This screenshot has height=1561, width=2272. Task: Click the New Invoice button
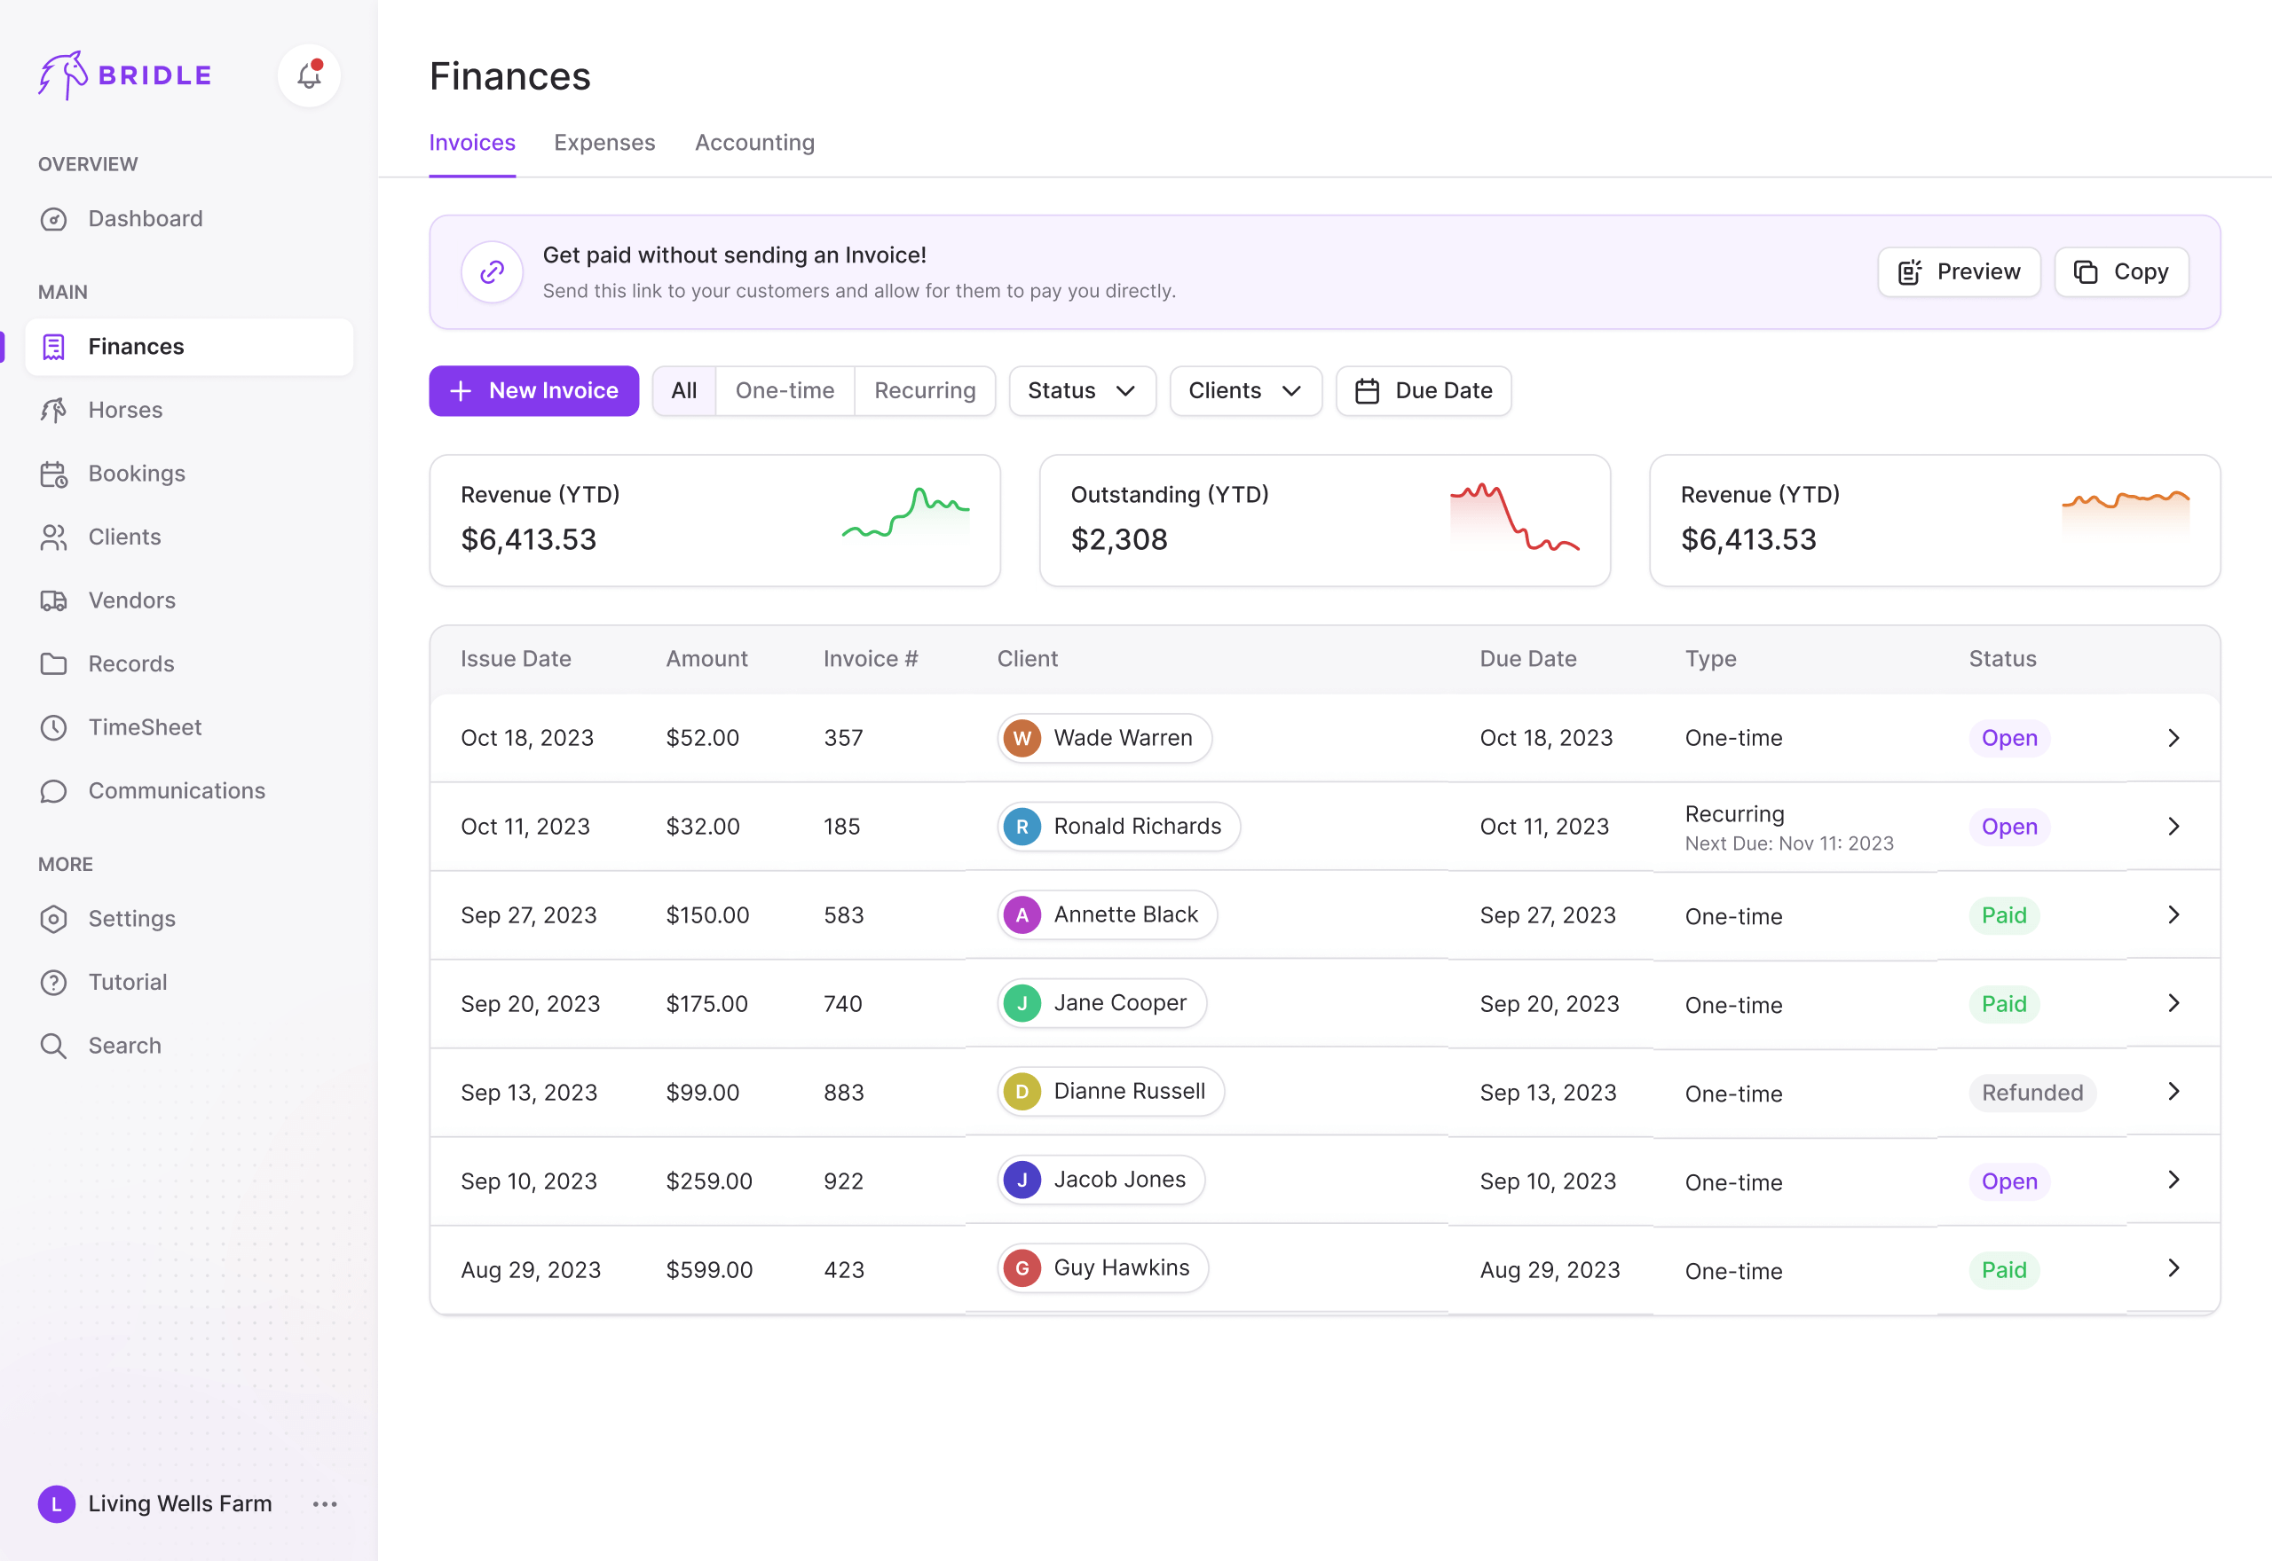(x=533, y=391)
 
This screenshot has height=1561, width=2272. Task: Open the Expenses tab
(x=603, y=143)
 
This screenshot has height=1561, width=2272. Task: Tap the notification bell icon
(x=309, y=75)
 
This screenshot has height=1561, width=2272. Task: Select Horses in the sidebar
(x=125, y=410)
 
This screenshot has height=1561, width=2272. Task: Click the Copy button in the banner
(x=2120, y=272)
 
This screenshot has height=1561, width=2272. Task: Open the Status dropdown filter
(x=1081, y=391)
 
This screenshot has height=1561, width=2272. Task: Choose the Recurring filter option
(x=924, y=391)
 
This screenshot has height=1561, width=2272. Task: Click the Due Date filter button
(x=1423, y=391)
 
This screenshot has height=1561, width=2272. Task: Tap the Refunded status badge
(x=2031, y=1093)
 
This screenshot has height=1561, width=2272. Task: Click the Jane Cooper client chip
(x=1101, y=1003)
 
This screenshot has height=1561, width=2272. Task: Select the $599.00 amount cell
(x=708, y=1269)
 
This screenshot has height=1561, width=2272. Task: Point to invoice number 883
(x=843, y=1093)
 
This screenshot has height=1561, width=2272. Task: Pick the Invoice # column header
(x=870, y=659)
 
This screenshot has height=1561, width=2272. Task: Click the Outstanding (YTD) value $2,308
(x=1118, y=540)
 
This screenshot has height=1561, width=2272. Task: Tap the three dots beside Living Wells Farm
(x=325, y=1504)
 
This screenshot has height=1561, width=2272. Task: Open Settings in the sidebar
(x=131, y=918)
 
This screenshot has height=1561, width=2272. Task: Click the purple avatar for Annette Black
(x=1022, y=915)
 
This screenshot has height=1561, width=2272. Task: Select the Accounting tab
(x=753, y=143)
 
